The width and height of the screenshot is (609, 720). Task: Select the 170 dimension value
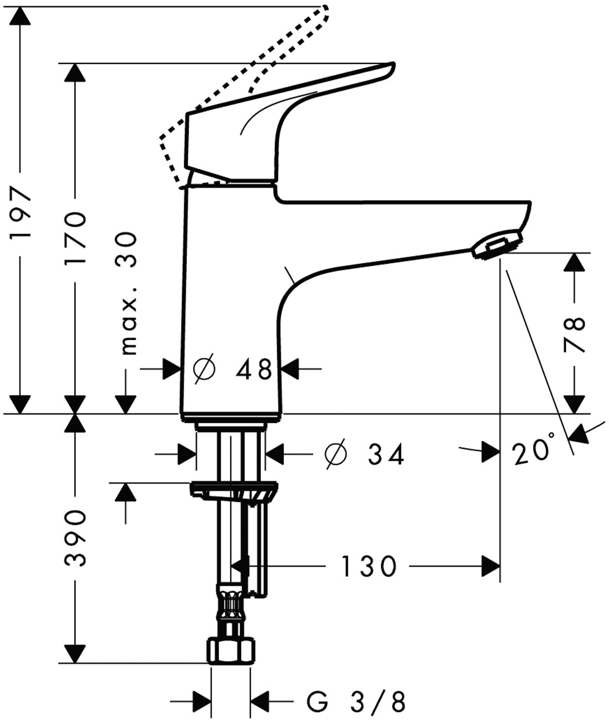pyautogui.click(x=75, y=238)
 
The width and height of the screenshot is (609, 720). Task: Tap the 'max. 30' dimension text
pyautogui.click(x=129, y=293)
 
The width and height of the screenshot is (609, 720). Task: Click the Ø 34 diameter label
pyautogui.click(x=365, y=454)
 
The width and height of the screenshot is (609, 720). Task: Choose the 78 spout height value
pyautogui.click(x=574, y=334)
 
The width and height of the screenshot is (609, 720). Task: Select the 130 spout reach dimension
pyautogui.click(x=368, y=566)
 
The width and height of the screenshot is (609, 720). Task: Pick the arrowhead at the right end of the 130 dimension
pyautogui.click(x=491, y=566)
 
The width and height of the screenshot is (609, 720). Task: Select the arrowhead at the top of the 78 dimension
pyautogui.click(x=574, y=263)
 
